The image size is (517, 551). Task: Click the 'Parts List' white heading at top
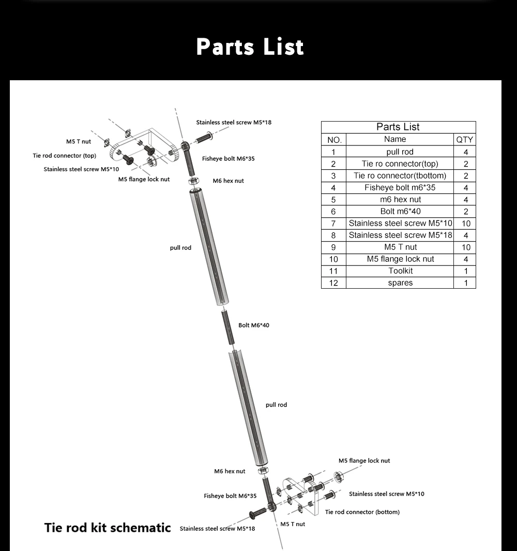[x=250, y=47]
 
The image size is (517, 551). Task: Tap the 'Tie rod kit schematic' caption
[x=108, y=528]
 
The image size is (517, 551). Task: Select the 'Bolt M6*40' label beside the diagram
[x=253, y=325]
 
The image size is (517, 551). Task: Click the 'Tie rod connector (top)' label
[x=65, y=156]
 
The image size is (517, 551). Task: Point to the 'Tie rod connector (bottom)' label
[x=362, y=512]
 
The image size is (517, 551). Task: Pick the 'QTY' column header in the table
[x=464, y=139]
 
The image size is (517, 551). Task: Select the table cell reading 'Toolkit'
[x=400, y=271]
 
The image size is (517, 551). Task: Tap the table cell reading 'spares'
[x=400, y=283]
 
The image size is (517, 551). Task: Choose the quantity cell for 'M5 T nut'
[x=465, y=247]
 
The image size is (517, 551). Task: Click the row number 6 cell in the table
[x=333, y=212]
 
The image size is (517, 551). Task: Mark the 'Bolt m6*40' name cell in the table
[x=400, y=212]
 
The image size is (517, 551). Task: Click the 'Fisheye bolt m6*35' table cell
[x=400, y=188]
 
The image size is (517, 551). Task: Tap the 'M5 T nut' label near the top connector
[x=78, y=142]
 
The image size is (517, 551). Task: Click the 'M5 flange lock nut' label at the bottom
[x=364, y=460]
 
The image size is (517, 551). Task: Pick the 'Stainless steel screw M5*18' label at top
[x=234, y=123]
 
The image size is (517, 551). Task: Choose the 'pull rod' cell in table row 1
[x=400, y=152]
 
